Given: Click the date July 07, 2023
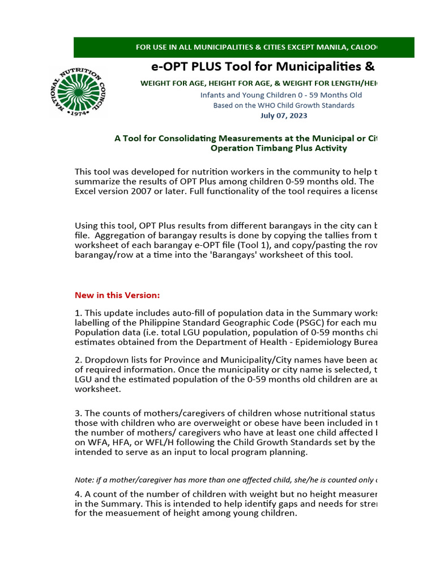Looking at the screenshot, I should click(x=284, y=116).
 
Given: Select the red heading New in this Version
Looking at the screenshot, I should click(x=117, y=295).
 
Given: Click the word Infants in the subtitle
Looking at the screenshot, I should click(x=213, y=95).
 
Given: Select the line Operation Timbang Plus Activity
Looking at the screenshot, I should click(x=279, y=148).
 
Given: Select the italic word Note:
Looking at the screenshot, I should click(x=85, y=479).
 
